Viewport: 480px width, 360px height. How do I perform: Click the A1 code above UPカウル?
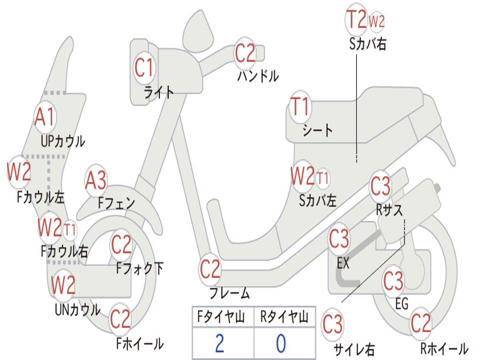pos(45,117)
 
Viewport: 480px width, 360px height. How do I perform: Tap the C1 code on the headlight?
pos(143,67)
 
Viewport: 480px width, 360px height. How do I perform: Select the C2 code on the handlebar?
pos(245,53)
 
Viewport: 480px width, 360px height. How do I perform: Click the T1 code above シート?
pos(300,106)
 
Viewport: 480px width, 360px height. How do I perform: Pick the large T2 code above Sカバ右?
pos(356,19)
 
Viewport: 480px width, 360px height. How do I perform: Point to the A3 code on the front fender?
pos(96,180)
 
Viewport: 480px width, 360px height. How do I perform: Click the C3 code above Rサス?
pos(381,186)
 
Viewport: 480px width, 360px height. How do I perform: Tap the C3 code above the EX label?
pos(339,239)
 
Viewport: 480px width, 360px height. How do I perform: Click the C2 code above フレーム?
pos(210,269)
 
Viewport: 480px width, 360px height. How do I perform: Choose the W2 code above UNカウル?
pos(63,285)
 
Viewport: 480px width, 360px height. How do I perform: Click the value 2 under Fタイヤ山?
pos(219,344)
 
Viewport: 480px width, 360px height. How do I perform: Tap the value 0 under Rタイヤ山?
pos(281,344)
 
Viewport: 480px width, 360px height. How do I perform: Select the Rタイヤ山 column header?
pos(285,316)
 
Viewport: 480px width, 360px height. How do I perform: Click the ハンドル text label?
pos(258,75)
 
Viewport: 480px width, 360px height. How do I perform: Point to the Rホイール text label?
pos(444,348)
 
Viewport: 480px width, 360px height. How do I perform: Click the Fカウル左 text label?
pos(41,197)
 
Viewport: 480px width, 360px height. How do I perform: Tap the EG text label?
pos(402,304)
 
